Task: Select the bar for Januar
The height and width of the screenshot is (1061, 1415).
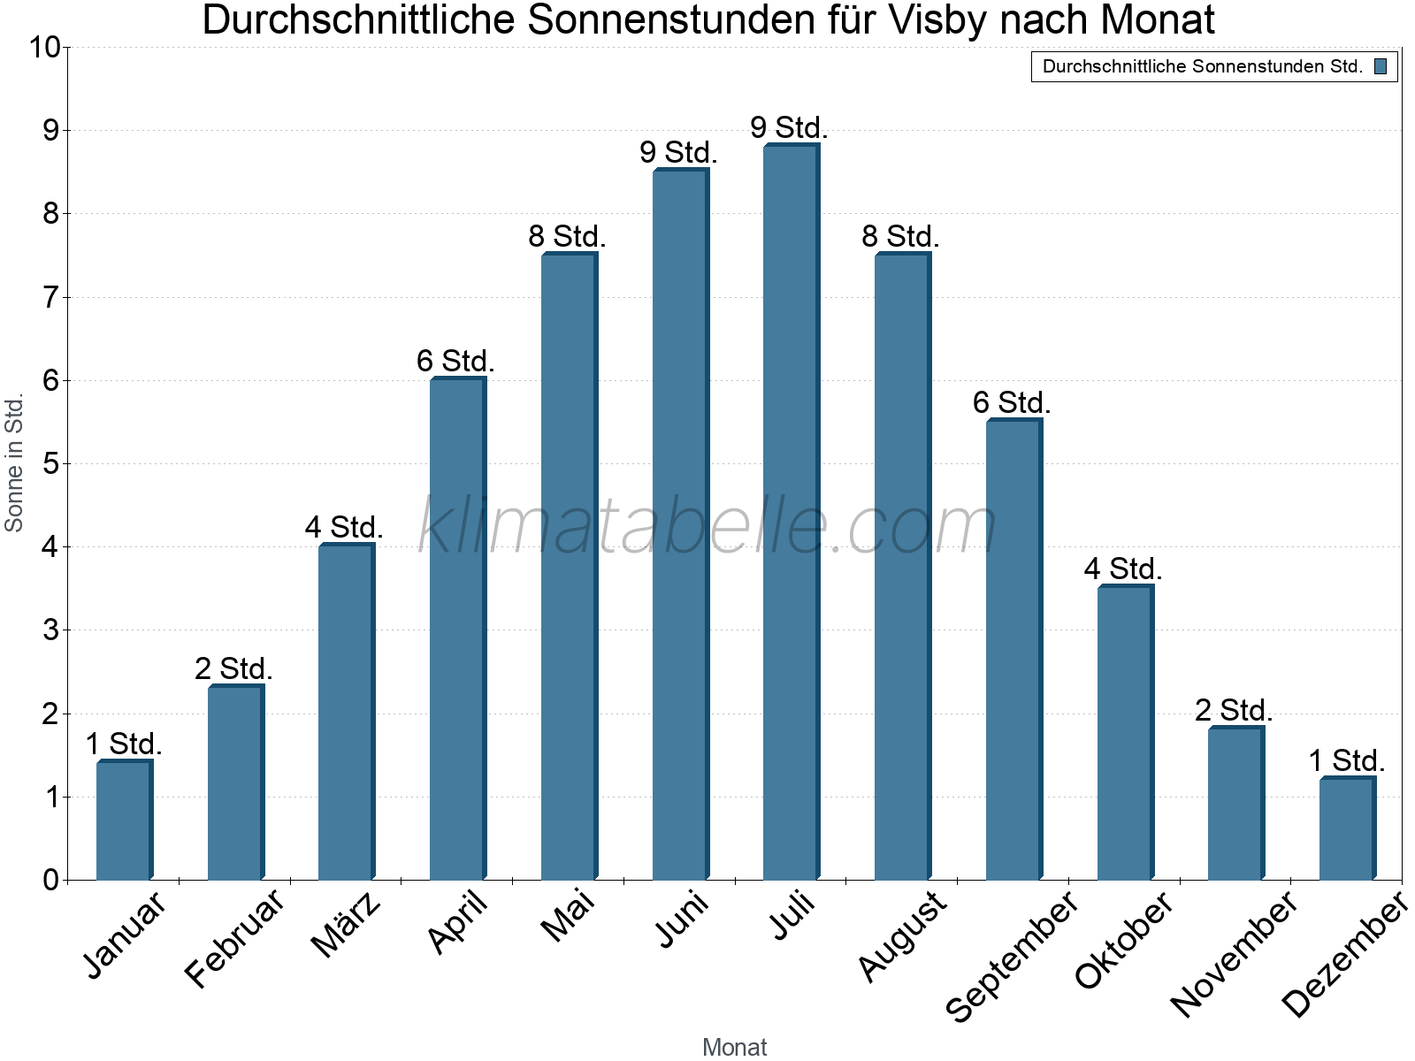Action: (x=125, y=820)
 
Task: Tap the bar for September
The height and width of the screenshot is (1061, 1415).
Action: (x=1014, y=649)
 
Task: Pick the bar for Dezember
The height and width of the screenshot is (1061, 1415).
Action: (x=1347, y=828)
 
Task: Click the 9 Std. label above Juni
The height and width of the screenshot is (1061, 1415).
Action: (x=678, y=152)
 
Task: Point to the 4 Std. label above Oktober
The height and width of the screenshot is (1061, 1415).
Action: (x=1123, y=569)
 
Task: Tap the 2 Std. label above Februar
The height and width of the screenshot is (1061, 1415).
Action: (x=233, y=668)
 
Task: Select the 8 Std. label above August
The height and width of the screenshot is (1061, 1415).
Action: (x=900, y=236)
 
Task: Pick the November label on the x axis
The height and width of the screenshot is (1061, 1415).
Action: (x=1235, y=953)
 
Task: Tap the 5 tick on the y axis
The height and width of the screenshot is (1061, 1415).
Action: (x=50, y=463)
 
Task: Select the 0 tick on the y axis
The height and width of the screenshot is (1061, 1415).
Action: (x=50, y=880)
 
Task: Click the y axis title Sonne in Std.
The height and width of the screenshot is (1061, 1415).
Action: (x=14, y=462)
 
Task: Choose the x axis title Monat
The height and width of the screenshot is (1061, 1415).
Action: (x=734, y=1047)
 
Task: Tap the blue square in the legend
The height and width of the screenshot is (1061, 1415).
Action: (x=1381, y=66)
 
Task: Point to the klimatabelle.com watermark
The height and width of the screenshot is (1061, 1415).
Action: (x=707, y=526)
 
